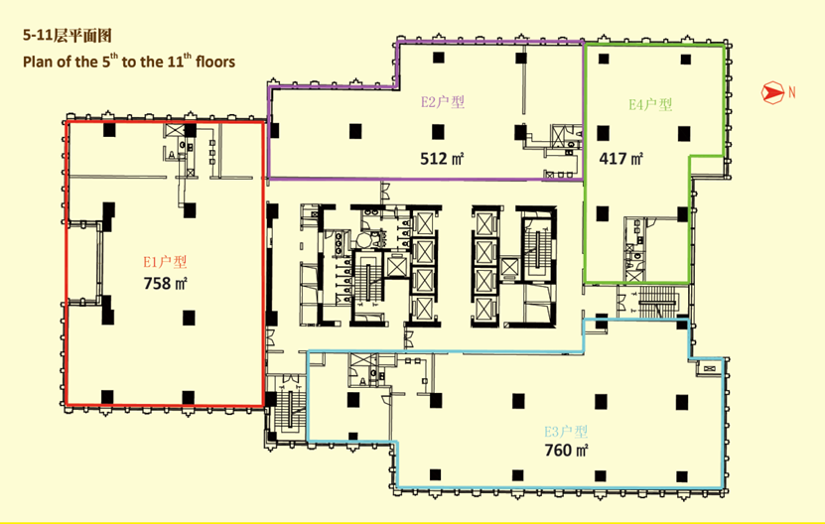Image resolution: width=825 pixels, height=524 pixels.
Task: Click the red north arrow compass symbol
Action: pyautogui.click(x=771, y=92)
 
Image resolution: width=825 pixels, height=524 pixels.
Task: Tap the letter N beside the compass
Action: pyautogui.click(x=792, y=92)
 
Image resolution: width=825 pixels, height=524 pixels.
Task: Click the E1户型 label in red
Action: pyautogui.click(x=165, y=262)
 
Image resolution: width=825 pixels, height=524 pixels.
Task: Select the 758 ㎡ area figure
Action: pyautogui.click(x=165, y=284)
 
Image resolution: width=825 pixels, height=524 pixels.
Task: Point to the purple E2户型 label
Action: pyautogui.click(x=443, y=101)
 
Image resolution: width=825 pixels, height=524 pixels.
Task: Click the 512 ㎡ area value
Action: pyautogui.click(x=442, y=159)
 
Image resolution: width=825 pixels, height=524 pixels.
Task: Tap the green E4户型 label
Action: pyautogui.click(x=650, y=104)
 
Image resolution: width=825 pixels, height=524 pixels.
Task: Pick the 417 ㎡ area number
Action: pyautogui.click(x=620, y=159)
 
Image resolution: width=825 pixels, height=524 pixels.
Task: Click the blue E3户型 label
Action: pyautogui.click(x=566, y=432)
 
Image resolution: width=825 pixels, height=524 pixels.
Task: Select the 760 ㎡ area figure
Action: pyautogui.click(x=566, y=451)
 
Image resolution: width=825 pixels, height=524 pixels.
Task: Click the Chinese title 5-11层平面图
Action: pyautogui.click(x=68, y=36)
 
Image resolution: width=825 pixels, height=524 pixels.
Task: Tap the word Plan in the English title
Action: pyautogui.click(x=39, y=63)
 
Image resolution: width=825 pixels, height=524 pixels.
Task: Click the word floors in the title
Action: pyautogui.click(x=215, y=63)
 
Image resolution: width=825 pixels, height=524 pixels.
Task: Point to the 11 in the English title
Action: pyautogui.click(x=175, y=63)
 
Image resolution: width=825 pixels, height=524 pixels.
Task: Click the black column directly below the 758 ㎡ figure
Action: pyautogui.click(x=189, y=318)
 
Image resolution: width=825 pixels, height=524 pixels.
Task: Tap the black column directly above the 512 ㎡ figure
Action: pyautogui.click(x=438, y=132)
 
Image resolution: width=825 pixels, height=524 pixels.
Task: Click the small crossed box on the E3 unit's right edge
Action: pyautogui.click(x=709, y=368)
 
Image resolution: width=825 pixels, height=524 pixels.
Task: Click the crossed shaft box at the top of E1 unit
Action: pyautogui.click(x=174, y=130)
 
